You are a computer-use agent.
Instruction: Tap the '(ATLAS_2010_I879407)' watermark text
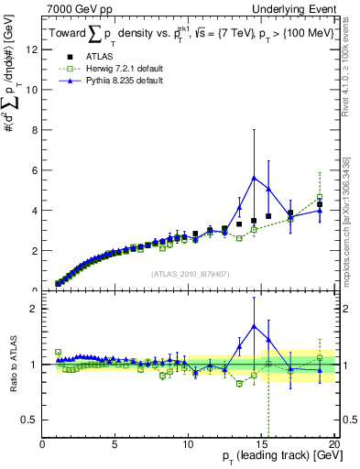pyautogui.click(x=190, y=274)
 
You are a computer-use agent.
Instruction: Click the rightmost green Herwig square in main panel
pyautogui.click(x=320, y=198)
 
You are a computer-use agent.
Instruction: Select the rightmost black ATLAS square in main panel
pyautogui.click(x=320, y=204)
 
